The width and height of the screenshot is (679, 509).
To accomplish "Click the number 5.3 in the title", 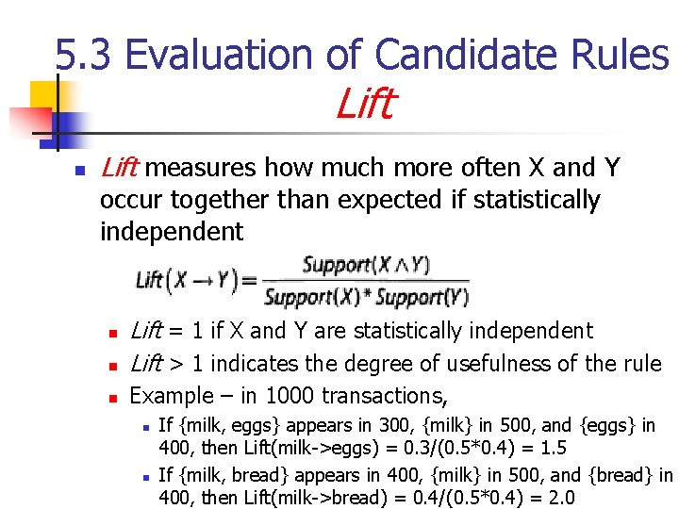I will tap(84, 56).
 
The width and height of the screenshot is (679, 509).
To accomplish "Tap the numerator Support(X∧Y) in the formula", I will tap(366, 265).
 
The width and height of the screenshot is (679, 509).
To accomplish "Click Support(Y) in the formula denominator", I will tap(431, 298).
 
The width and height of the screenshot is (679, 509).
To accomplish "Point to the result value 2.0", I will tap(558, 498).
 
